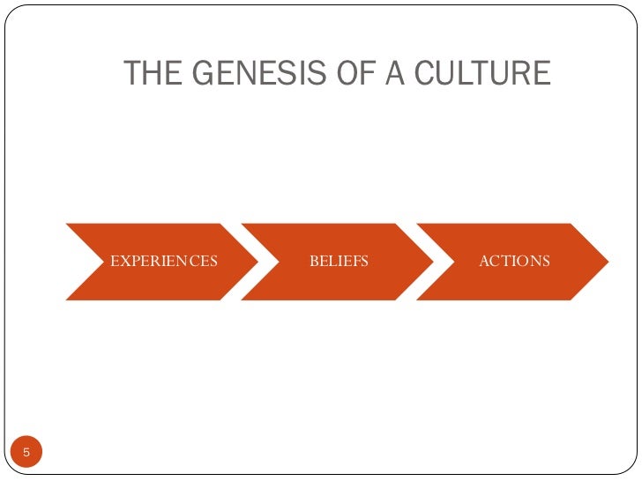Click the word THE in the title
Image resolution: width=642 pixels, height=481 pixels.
pos(152,73)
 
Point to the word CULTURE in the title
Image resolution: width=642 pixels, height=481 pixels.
pos(477,73)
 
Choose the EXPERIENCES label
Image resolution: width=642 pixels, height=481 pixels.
pos(163,262)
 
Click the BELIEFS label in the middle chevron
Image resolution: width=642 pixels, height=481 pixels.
pos(339,262)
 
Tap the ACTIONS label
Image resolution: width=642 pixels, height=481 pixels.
pos(514,262)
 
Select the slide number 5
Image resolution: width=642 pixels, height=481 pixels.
pos(26,453)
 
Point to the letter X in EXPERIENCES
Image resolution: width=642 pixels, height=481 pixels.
pos(124,262)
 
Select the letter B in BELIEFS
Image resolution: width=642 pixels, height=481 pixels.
pos(313,262)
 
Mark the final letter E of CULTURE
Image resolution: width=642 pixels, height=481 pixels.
pos(541,73)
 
